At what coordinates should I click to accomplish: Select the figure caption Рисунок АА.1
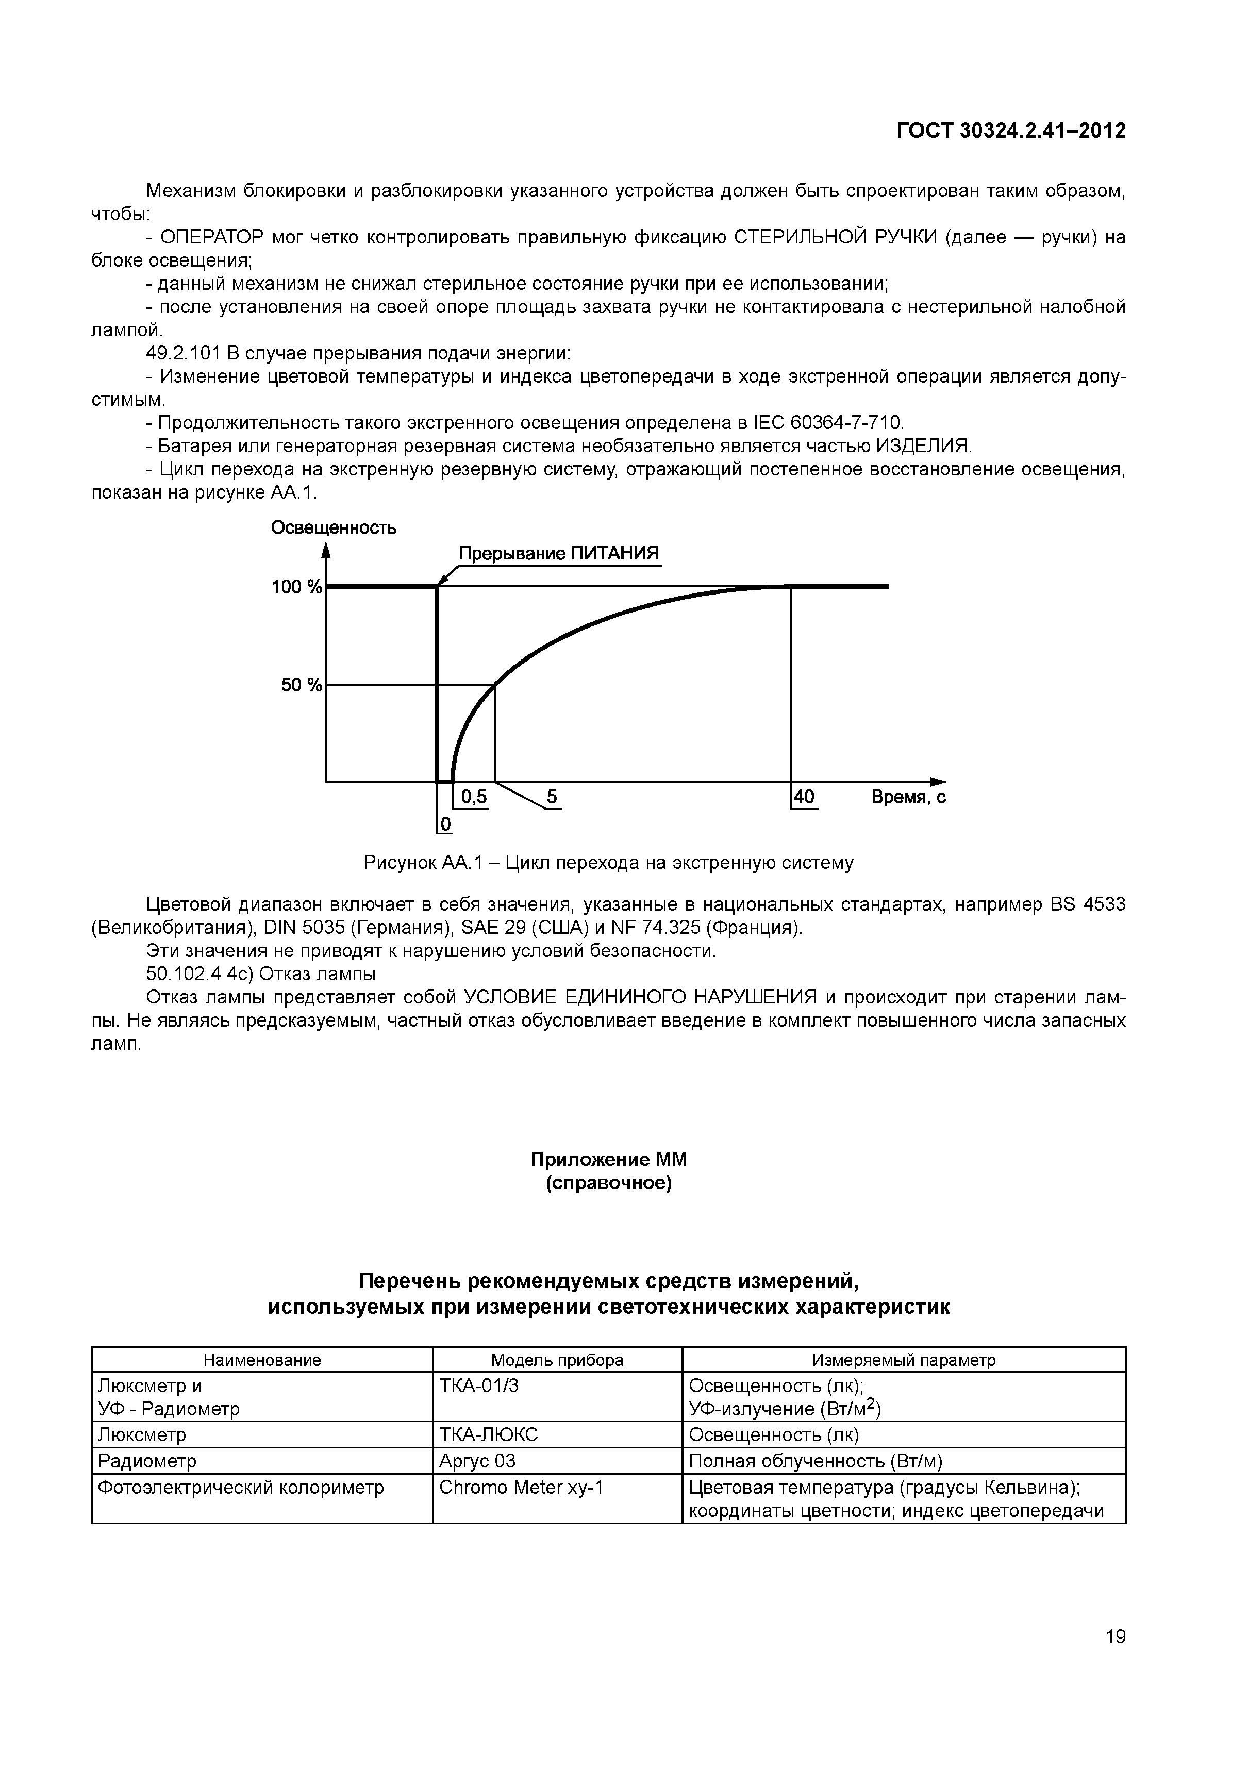[x=607, y=863]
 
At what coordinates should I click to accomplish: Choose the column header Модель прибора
[x=557, y=1360]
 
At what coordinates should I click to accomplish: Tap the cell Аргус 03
[x=477, y=1461]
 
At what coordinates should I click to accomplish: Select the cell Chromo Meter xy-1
[x=521, y=1488]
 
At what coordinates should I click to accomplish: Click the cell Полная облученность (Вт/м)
[x=815, y=1461]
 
